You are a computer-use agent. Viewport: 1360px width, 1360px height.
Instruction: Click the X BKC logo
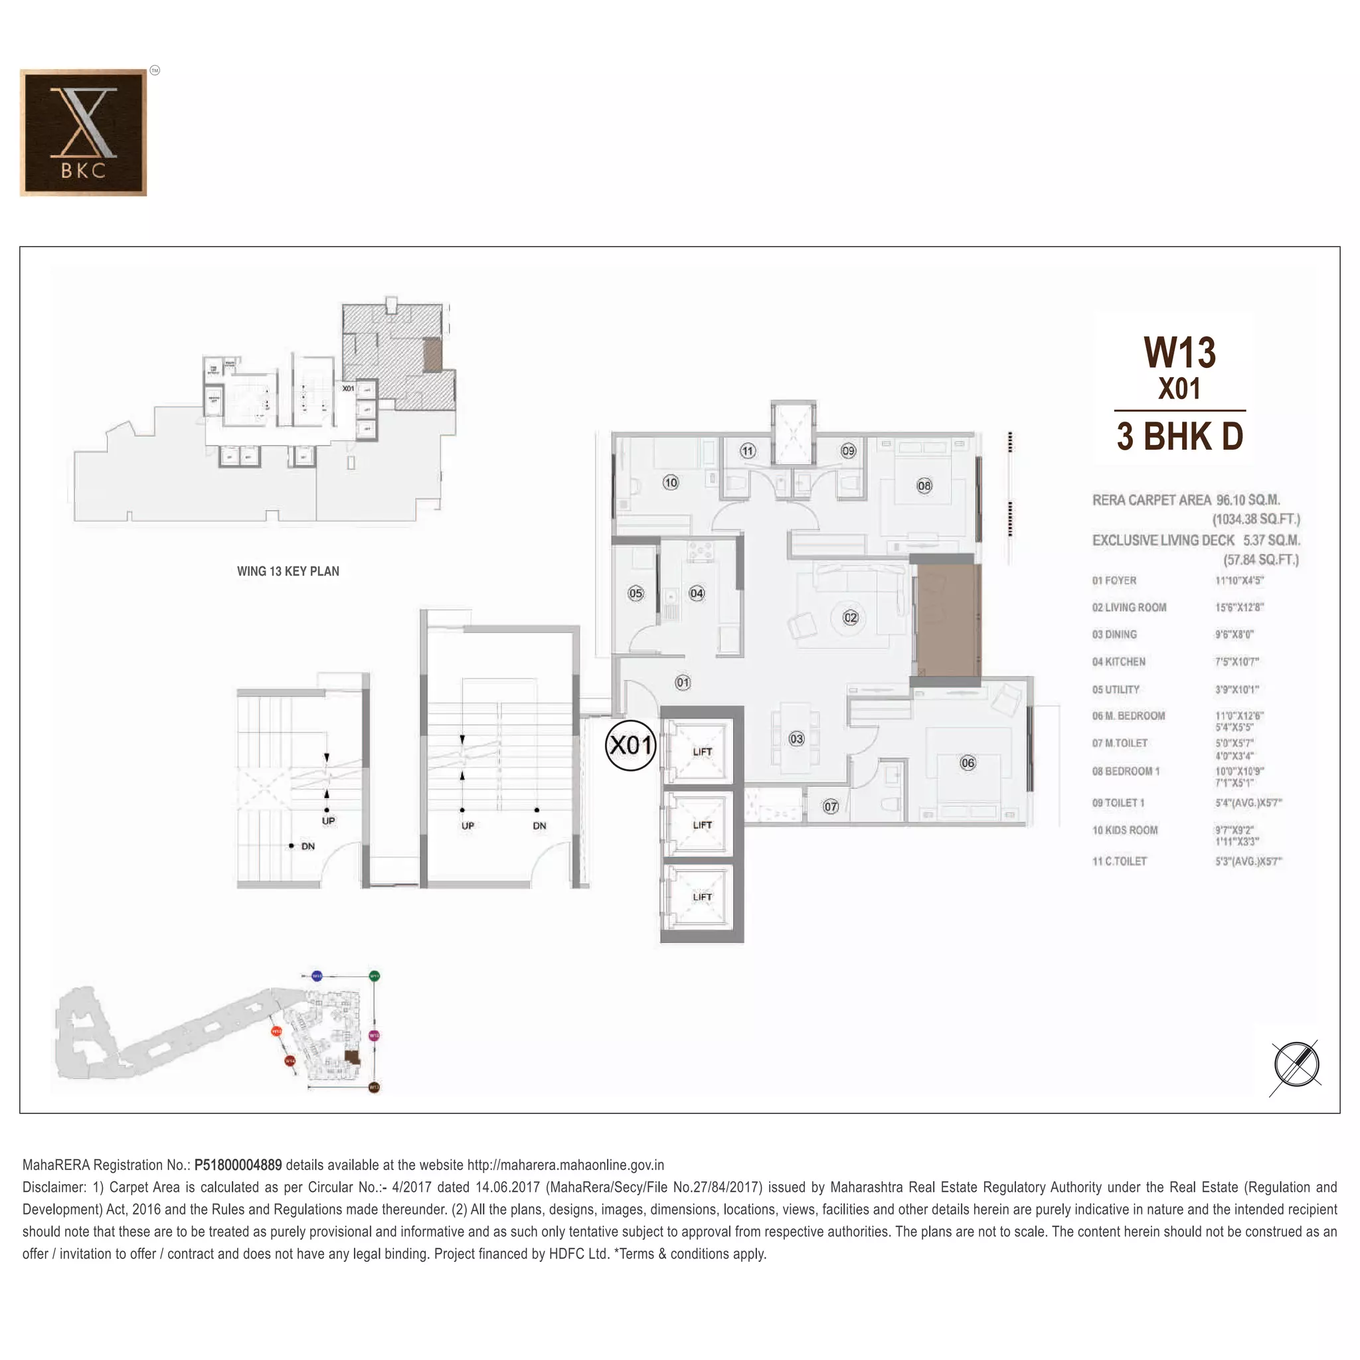[83, 132]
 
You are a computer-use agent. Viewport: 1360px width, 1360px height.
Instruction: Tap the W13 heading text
[1179, 353]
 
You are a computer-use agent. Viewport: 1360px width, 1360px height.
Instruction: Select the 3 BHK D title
[1179, 436]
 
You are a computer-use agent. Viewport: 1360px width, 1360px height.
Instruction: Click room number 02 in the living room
[851, 618]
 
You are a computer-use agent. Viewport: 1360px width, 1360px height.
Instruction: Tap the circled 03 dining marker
[796, 738]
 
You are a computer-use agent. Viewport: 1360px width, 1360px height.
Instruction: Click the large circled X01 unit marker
[631, 745]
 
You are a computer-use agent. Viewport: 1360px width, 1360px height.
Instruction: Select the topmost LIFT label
[702, 752]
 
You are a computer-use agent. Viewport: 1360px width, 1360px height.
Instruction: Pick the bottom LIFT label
[702, 896]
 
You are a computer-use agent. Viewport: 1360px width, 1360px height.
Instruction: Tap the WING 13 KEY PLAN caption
[288, 571]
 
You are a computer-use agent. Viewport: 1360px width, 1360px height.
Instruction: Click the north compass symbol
[1296, 1065]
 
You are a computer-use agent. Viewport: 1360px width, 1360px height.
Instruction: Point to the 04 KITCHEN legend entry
[1118, 661]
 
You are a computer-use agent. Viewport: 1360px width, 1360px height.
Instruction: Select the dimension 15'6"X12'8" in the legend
[1239, 608]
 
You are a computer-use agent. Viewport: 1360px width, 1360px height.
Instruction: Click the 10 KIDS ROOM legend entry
[1124, 830]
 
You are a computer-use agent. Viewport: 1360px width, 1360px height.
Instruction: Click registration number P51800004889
[238, 1165]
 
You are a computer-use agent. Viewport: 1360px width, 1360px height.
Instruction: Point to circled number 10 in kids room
[670, 482]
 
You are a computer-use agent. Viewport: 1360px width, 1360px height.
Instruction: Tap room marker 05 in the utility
[635, 593]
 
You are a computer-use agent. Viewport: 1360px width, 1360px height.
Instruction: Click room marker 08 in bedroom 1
[924, 485]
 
